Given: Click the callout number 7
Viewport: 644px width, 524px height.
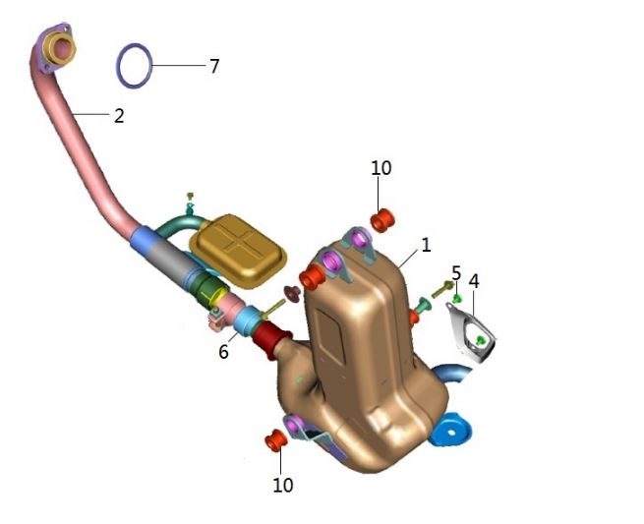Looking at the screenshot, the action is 214,66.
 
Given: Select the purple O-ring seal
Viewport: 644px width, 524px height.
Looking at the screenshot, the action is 135,65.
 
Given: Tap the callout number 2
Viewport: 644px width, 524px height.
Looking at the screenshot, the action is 119,116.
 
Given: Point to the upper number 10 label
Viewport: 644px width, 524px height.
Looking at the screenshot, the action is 381,168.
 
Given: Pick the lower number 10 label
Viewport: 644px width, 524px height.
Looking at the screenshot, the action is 283,485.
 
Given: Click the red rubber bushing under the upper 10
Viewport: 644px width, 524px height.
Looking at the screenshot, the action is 382,220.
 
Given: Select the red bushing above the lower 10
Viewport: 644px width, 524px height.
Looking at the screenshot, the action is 276,440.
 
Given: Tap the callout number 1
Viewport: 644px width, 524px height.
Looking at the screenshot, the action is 427,246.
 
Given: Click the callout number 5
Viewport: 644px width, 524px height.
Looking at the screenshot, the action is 456,273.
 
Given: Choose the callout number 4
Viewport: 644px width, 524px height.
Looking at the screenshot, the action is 474,281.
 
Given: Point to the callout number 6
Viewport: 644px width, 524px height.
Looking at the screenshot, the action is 223,352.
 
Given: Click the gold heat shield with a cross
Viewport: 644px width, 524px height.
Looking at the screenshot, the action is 238,250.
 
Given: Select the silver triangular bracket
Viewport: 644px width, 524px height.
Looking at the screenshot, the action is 471,332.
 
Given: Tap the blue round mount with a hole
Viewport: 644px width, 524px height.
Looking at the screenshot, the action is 450,430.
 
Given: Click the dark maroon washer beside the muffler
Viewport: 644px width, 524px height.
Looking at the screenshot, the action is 293,293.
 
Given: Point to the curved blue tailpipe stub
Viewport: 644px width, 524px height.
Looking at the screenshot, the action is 452,373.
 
